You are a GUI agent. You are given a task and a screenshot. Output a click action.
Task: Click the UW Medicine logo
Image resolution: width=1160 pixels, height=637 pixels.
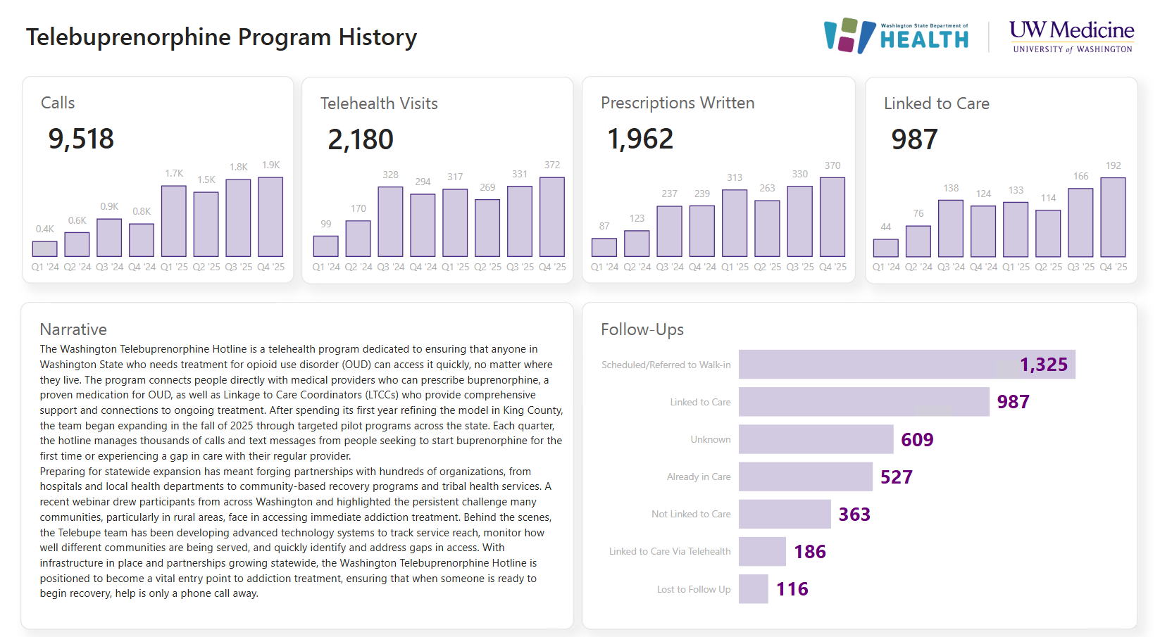click(1071, 37)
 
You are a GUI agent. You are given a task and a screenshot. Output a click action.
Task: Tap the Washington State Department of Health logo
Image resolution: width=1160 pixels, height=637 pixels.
click(897, 37)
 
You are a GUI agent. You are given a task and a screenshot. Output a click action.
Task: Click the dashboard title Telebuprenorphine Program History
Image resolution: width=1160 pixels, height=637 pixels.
click(221, 37)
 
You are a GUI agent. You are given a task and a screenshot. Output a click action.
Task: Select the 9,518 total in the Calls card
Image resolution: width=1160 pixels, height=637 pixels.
click(81, 139)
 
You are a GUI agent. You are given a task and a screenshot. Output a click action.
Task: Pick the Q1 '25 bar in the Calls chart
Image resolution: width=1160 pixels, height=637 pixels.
click(173, 221)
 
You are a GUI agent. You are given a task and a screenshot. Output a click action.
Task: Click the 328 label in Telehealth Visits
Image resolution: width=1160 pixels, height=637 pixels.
click(390, 175)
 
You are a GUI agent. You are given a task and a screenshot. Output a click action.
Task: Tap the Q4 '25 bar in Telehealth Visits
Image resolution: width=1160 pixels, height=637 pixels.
click(551, 217)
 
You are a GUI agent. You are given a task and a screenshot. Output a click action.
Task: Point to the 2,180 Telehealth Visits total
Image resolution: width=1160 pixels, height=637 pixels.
click(361, 139)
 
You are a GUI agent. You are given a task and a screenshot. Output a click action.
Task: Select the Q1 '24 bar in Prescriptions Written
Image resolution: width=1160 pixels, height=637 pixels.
click(604, 247)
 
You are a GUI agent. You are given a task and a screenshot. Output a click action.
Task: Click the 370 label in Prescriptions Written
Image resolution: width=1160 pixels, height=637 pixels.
click(832, 165)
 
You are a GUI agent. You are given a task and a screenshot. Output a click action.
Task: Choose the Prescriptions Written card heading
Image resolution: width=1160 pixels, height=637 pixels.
click(677, 103)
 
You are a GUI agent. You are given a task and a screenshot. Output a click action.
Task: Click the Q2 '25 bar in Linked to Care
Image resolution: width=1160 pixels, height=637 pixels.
click(1047, 233)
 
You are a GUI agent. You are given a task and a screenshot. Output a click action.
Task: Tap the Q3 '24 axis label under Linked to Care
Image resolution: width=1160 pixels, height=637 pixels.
click(951, 267)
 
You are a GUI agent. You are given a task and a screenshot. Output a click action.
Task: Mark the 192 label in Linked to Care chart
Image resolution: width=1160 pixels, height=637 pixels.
click(1113, 165)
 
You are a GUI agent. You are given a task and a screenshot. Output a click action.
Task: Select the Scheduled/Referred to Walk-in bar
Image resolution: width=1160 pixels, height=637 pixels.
click(906, 365)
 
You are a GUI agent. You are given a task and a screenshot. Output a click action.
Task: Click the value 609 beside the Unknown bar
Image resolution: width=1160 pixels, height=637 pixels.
click(917, 439)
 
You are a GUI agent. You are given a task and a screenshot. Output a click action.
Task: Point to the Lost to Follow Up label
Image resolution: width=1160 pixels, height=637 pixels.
click(693, 589)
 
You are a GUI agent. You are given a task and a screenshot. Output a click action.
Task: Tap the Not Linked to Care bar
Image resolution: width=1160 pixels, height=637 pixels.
click(785, 514)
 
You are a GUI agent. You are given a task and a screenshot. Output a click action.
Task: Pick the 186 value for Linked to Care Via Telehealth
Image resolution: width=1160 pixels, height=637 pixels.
click(810, 552)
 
